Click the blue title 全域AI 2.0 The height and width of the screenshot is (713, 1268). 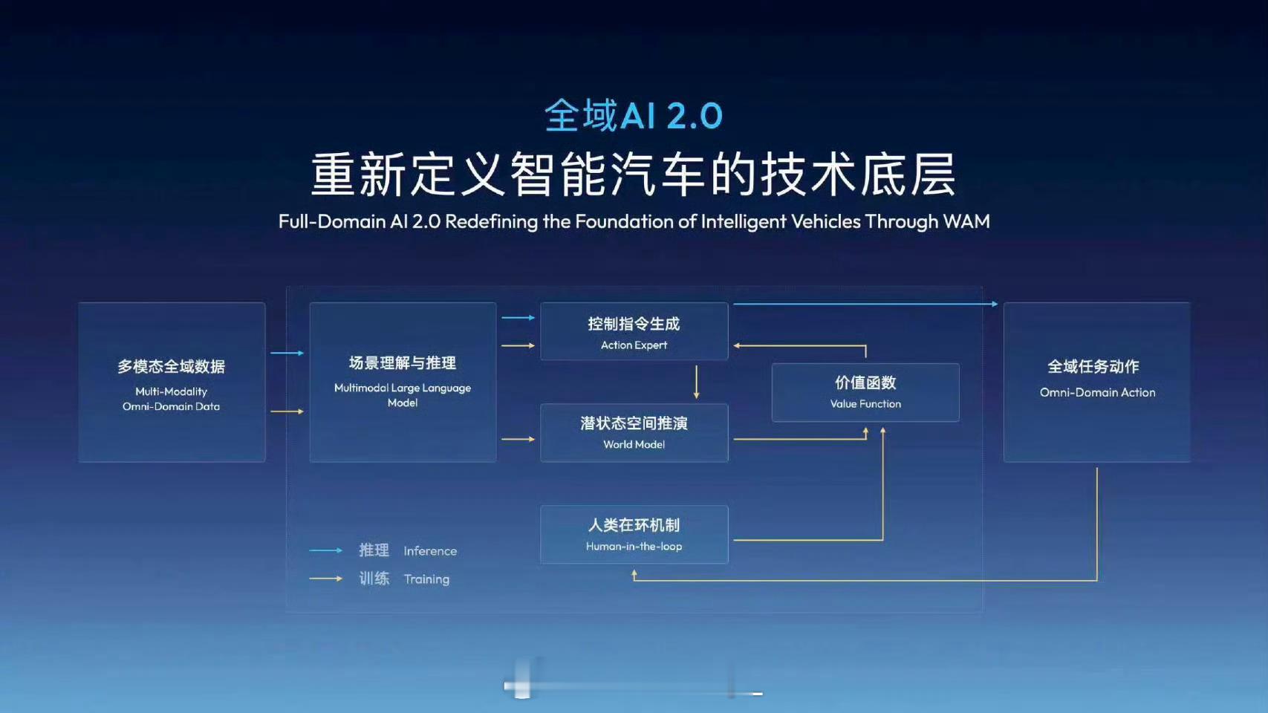pos(634,116)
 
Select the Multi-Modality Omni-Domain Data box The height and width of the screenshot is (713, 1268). pos(172,382)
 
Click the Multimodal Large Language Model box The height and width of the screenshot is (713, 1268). pos(403,382)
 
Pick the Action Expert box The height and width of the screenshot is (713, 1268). pos(634,332)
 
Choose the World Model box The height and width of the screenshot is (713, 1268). pos(634,433)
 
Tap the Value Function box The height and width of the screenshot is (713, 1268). pos(865,392)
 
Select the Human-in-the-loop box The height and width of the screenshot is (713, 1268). pos(634,535)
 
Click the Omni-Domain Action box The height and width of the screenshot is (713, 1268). pos(1096,382)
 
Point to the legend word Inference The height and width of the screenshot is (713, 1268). pos(430,551)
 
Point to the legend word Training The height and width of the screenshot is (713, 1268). pos(426,579)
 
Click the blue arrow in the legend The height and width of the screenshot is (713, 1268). pos(325,550)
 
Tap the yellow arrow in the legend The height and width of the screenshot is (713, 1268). pos(325,579)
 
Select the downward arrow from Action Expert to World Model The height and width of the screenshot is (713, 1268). pos(696,382)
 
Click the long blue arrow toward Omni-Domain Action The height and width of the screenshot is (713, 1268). pos(865,304)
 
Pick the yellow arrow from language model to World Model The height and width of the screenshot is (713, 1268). pos(518,439)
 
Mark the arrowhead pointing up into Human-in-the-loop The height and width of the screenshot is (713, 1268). pos(634,573)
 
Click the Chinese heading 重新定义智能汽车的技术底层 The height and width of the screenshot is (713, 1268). pos(634,175)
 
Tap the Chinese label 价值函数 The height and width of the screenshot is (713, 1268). pos(865,382)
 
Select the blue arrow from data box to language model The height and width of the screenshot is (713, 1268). pos(287,353)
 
